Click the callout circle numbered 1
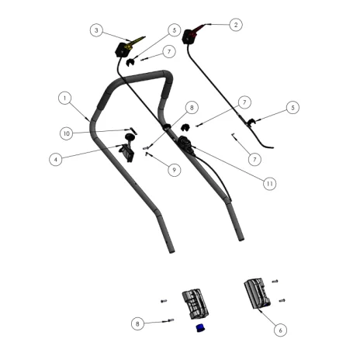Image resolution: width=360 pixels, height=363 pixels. click(x=64, y=99)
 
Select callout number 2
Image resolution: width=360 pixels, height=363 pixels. click(x=236, y=25)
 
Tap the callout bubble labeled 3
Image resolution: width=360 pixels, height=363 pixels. click(x=96, y=30)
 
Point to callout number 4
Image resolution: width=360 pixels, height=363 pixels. click(x=56, y=160)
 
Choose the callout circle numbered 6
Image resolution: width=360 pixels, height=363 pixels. click(x=280, y=330)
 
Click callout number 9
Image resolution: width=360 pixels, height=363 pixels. click(x=174, y=170)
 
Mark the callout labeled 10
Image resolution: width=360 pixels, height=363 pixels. click(x=67, y=133)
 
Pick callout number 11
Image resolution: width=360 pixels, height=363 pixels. click(x=270, y=184)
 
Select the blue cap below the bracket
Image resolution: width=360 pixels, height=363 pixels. click(x=200, y=328)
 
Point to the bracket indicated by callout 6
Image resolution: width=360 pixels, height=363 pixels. click(x=258, y=293)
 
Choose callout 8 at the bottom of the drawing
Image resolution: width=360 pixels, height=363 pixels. click(x=137, y=323)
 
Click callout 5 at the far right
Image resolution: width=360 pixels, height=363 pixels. click(x=292, y=108)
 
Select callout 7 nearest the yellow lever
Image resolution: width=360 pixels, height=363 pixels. click(x=169, y=52)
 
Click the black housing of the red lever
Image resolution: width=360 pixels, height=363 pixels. click(x=189, y=37)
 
